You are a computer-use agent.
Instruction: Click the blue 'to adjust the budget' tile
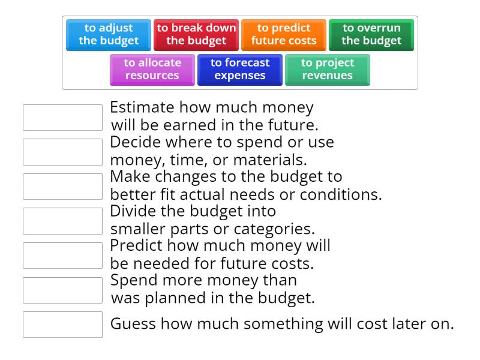click(x=109, y=35)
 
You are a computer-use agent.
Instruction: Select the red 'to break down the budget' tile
click(x=196, y=35)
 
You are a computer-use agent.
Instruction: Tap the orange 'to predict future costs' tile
click(x=284, y=35)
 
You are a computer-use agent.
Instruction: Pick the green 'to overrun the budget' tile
click(x=371, y=35)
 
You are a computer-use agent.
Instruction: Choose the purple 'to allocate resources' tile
click(x=152, y=70)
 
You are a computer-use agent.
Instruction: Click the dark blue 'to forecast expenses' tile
click(x=240, y=70)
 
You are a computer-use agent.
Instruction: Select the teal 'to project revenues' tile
click(x=328, y=70)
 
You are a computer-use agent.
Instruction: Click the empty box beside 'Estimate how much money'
click(x=62, y=118)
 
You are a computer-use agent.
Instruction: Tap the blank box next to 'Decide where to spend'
click(x=62, y=152)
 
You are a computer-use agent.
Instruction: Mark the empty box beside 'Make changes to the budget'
click(x=62, y=187)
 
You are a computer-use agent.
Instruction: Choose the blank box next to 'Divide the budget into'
click(x=62, y=221)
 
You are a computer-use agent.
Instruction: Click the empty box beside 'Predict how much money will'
click(x=62, y=256)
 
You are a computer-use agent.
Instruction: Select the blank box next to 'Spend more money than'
click(x=62, y=290)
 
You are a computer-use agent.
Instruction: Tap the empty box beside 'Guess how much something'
click(x=62, y=325)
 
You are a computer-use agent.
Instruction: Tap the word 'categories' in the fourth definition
click(x=275, y=229)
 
